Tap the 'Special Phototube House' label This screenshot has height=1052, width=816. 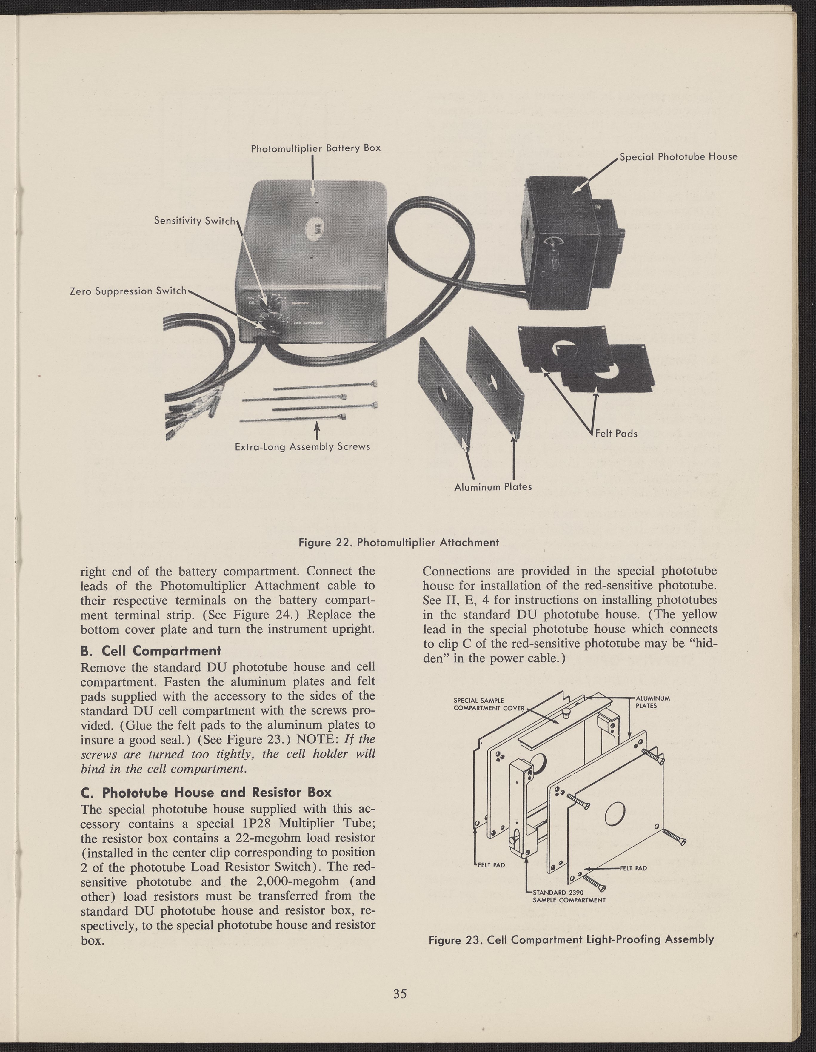pos(678,156)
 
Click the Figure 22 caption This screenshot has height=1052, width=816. pos(399,542)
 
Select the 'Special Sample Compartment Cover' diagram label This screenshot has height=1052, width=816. pos(489,704)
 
